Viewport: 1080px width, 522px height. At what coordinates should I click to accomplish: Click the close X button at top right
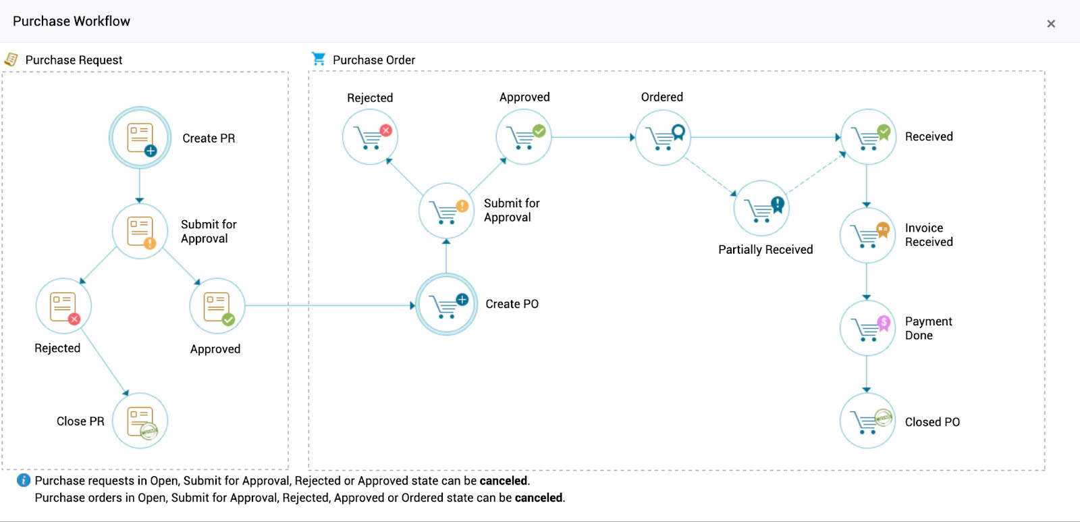[x=1051, y=24]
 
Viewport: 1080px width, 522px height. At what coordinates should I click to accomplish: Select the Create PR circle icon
[x=140, y=138]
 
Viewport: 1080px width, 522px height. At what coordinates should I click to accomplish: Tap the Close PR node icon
[x=140, y=421]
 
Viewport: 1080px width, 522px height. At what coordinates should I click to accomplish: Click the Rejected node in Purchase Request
[x=63, y=306]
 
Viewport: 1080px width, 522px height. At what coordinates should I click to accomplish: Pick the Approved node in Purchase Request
[x=217, y=306]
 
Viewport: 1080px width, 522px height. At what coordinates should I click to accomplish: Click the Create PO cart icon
[x=446, y=305]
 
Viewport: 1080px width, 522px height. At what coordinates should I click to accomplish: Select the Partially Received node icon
[x=761, y=208]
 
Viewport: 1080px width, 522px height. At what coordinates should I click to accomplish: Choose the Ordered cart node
[x=663, y=137]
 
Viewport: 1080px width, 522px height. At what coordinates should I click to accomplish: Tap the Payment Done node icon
[x=867, y=328]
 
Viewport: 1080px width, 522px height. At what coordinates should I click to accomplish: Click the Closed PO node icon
[x=867, y=421]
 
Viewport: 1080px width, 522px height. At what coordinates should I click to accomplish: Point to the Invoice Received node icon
[x=867, y=235]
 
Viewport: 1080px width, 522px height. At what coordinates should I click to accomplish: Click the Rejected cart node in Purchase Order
[x=370, y=137]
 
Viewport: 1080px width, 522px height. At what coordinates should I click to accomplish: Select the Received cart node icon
[x=867, y=137]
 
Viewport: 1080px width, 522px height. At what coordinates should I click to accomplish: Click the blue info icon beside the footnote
[x=24, y=480]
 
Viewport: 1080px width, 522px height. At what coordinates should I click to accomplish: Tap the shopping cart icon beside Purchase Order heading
[x=319, y=59]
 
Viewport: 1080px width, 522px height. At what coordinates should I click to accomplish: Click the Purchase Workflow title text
[x=72, y=21]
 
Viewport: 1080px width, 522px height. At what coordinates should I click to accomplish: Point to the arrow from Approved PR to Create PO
[x=331, y=305]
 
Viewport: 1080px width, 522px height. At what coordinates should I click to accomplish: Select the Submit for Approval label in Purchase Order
[x=511, y=210]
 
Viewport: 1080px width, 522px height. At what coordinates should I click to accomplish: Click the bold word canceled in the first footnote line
[x=504, y=481]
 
